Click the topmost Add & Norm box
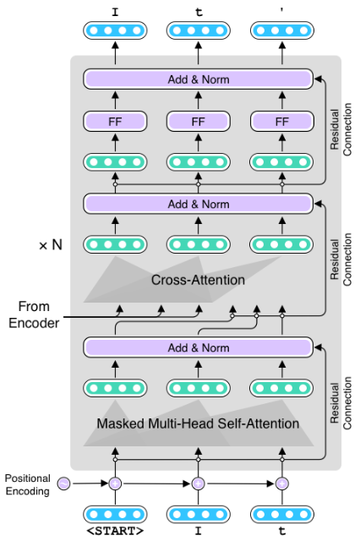[x=199, y=79]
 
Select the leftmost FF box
[x=114, y=122]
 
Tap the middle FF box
[x=199, y=122]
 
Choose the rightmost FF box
[x=281, y=122]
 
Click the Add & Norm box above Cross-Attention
[x=199, y=204]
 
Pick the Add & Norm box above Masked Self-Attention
[x=199, y=347]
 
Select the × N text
[x=51, y=245]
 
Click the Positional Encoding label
[x=27, y=484]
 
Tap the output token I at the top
[x=114, y=10]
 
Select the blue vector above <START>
[x=114, y=514]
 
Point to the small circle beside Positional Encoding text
[x=64, y=484]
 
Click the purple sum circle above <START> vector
[x=114, y=484]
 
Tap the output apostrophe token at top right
[x=281, y=10]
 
